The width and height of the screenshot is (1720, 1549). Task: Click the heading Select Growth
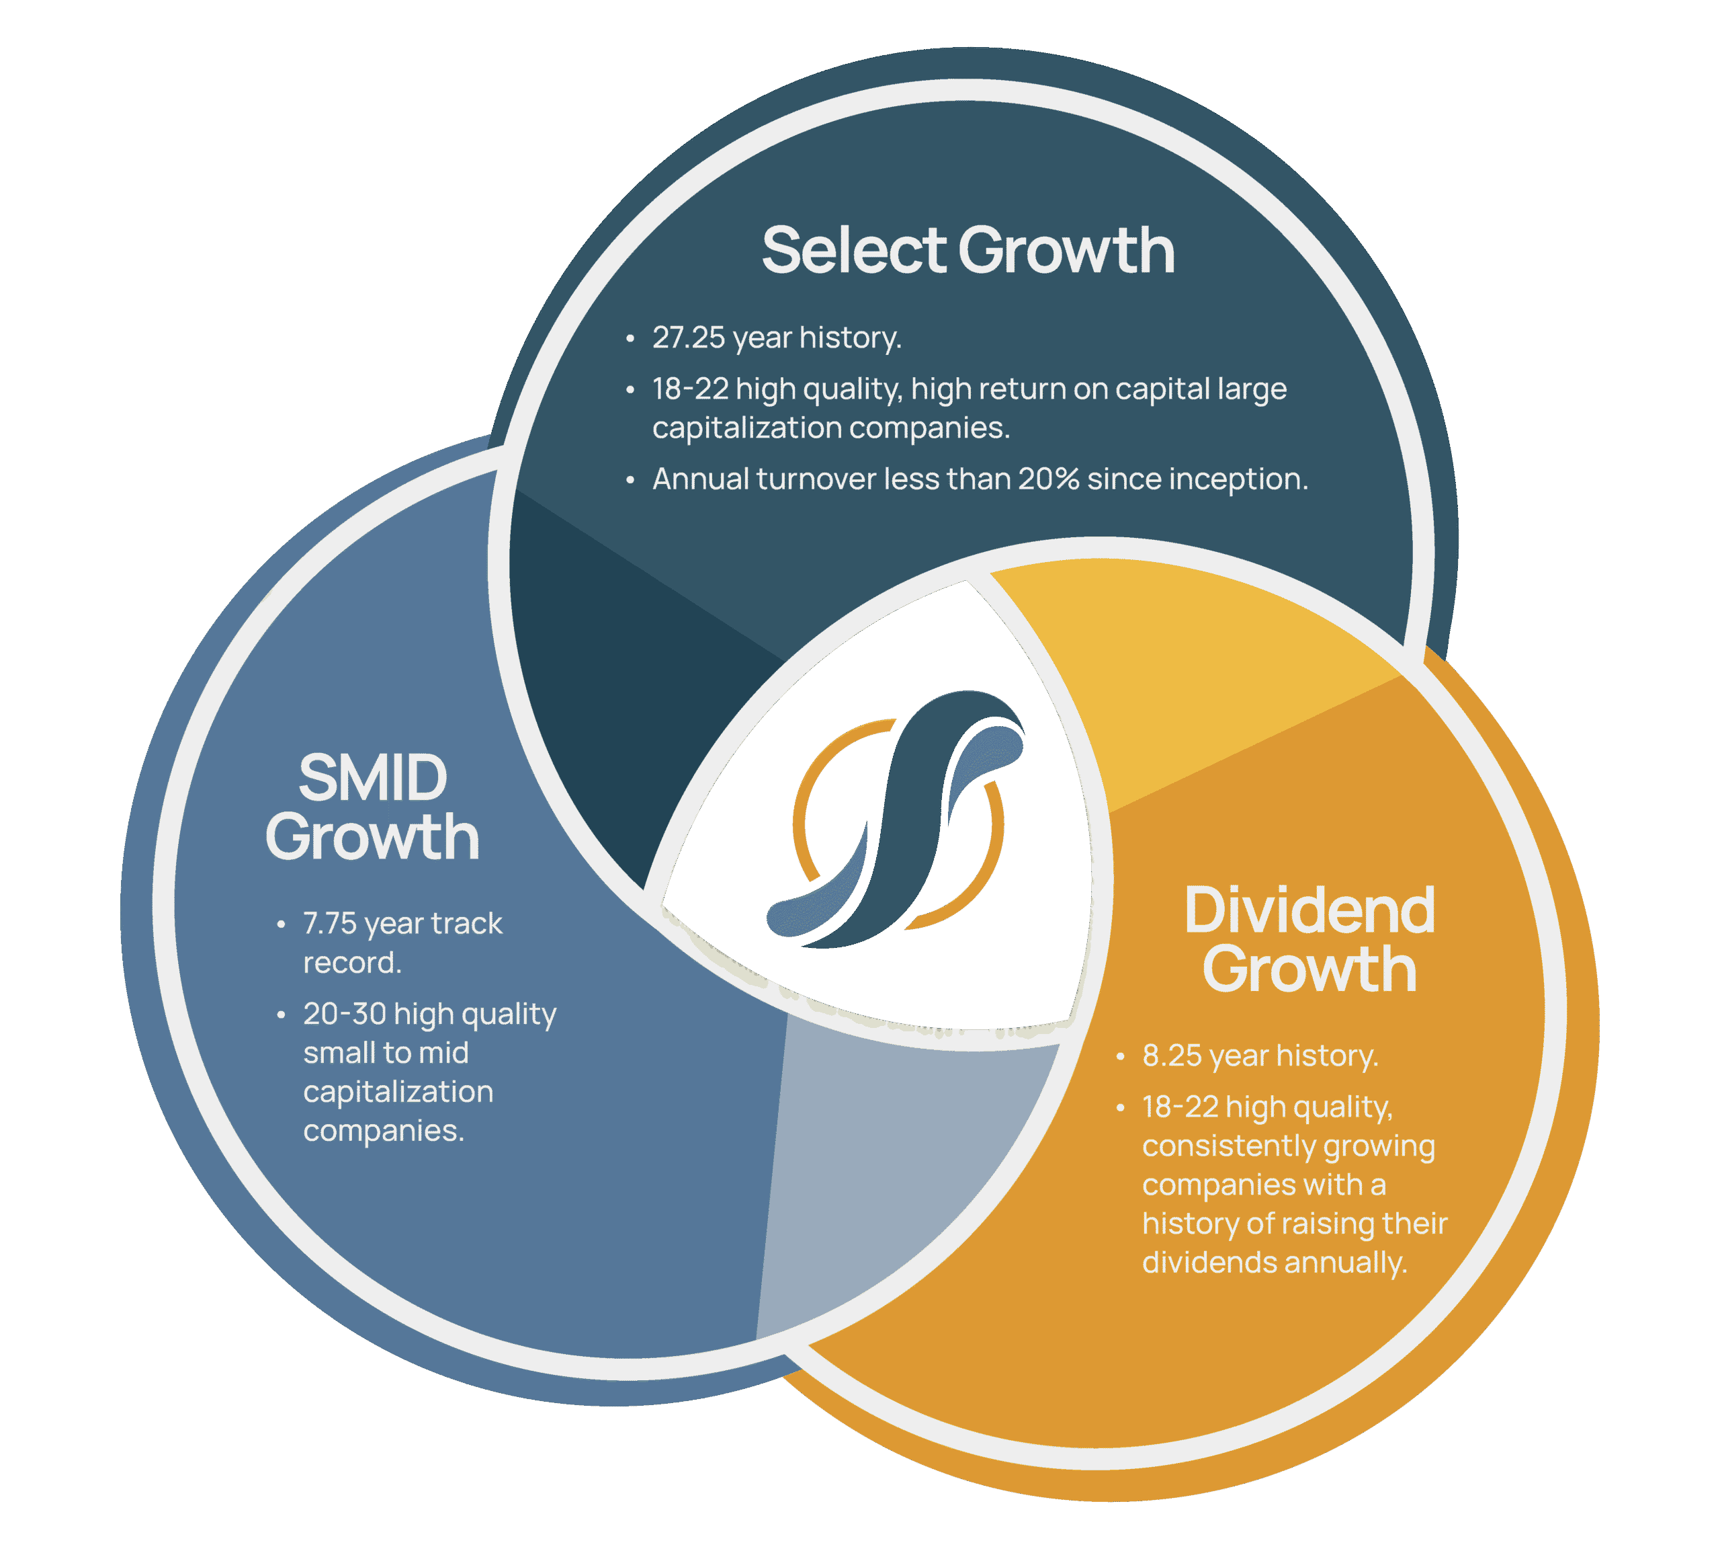968,250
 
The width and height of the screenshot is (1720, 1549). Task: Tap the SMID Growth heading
373,807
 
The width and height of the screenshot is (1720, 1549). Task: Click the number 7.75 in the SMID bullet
329,924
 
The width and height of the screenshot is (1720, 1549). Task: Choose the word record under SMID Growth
352,963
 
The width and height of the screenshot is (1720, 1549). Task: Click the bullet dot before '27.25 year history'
630,339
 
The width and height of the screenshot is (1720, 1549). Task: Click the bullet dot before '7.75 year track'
281,924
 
